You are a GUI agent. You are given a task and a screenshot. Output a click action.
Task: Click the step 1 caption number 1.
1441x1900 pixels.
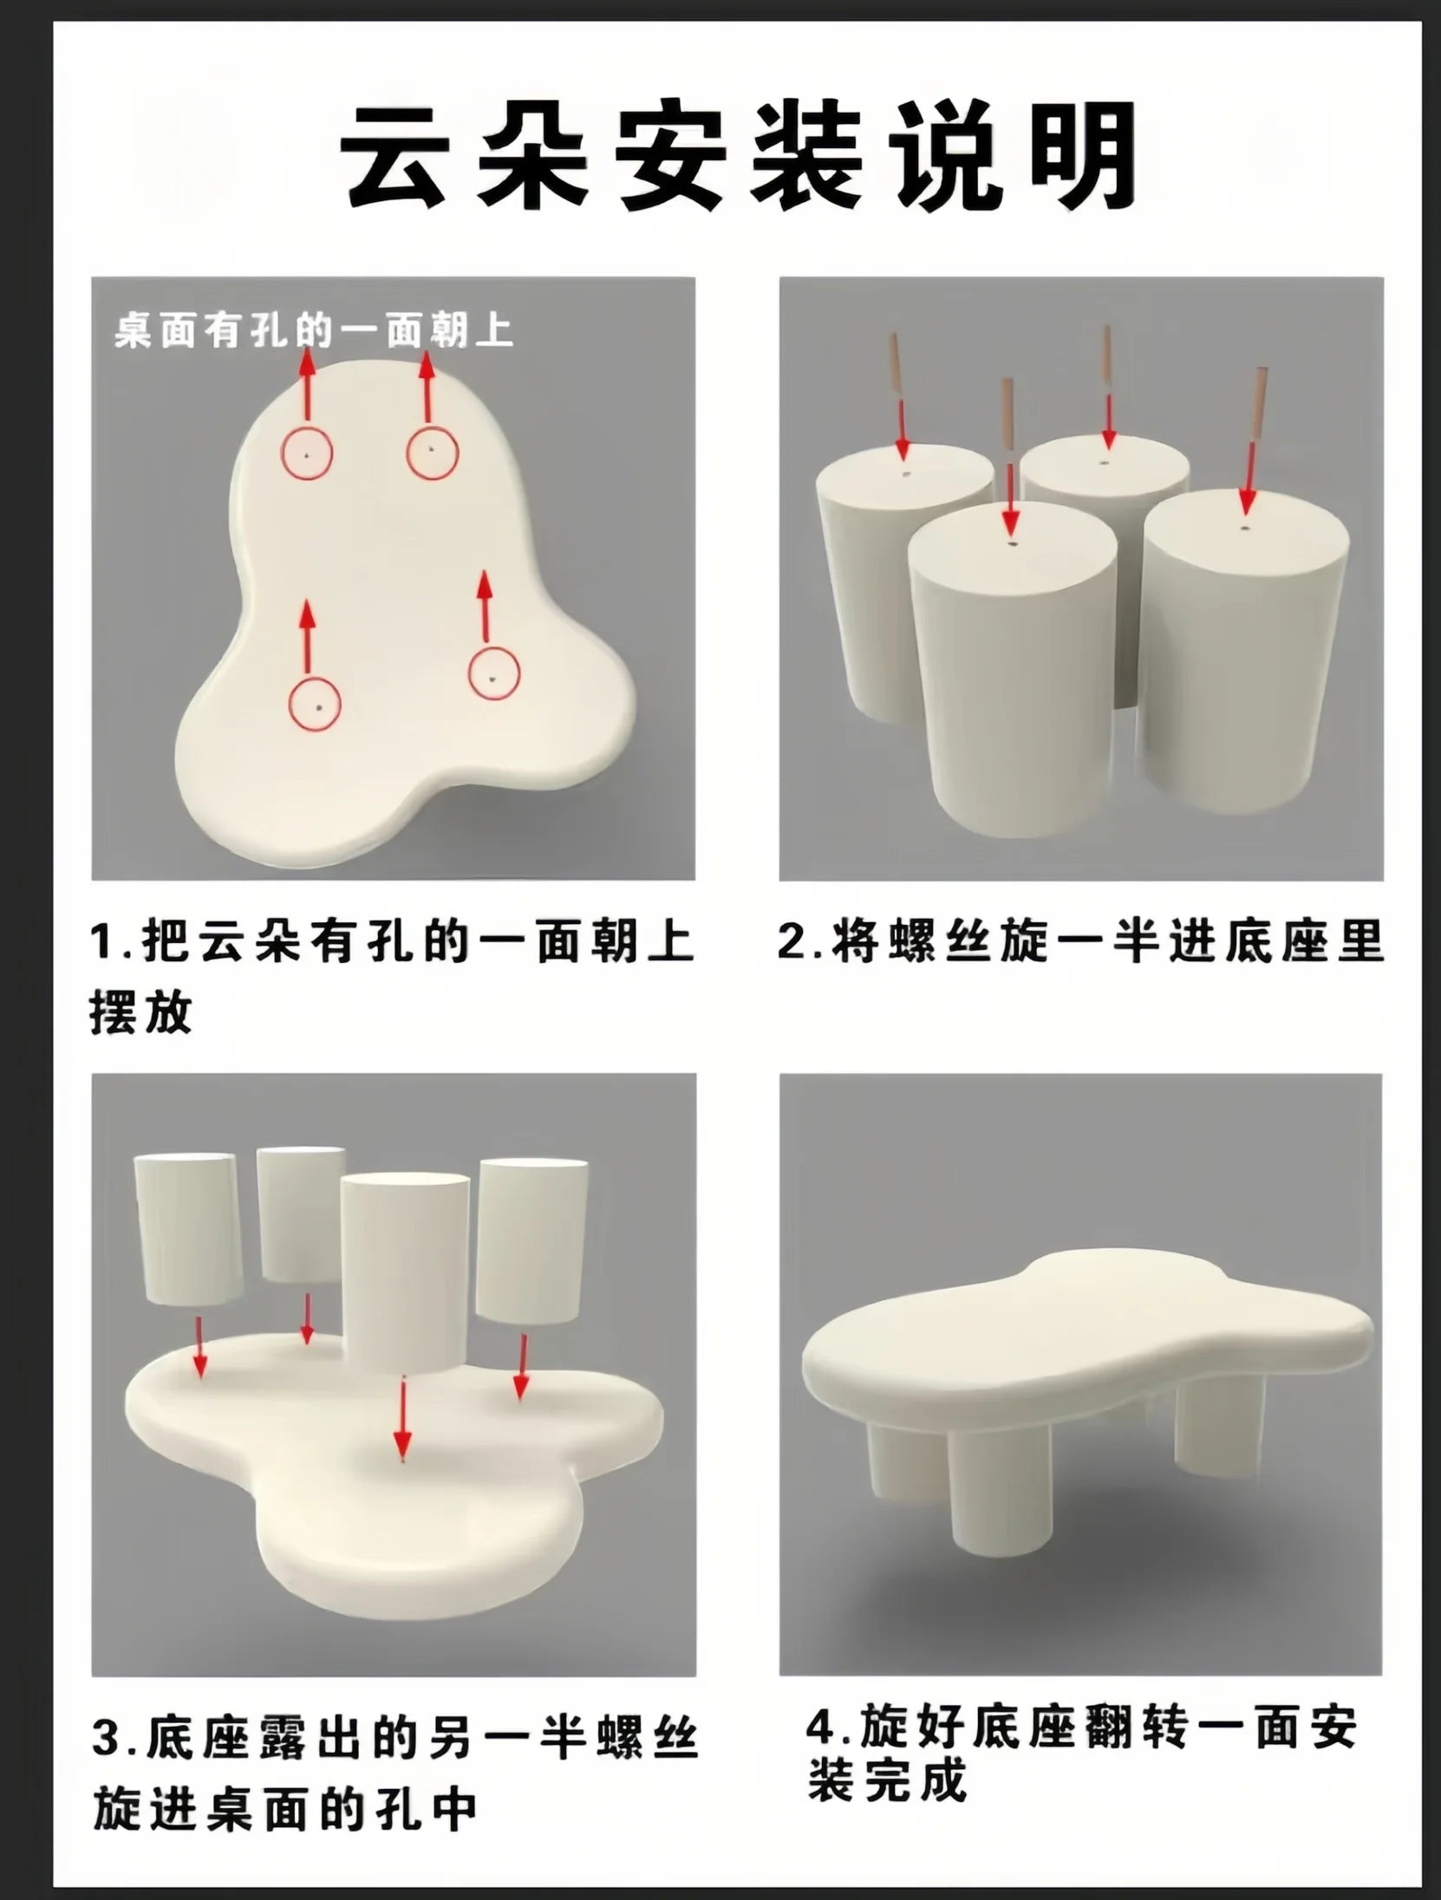102,942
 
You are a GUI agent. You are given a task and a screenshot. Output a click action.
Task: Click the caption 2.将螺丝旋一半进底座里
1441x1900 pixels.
1079,942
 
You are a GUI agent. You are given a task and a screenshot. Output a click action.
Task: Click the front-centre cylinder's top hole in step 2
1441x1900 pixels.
1011,546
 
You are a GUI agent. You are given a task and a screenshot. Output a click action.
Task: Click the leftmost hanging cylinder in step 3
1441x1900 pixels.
188,1229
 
